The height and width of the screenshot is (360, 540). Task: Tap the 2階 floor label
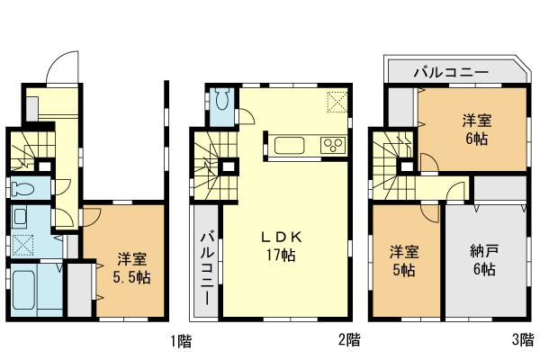point(350,341)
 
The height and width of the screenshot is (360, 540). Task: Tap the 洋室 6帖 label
point(478,128)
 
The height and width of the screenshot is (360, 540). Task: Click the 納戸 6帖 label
point(486,259)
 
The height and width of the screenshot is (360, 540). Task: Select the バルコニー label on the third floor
point(450,72)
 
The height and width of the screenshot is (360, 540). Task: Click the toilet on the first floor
point(26,190)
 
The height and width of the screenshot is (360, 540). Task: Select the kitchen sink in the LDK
point(291,144)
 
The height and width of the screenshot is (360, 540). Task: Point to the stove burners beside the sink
point(331,144)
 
